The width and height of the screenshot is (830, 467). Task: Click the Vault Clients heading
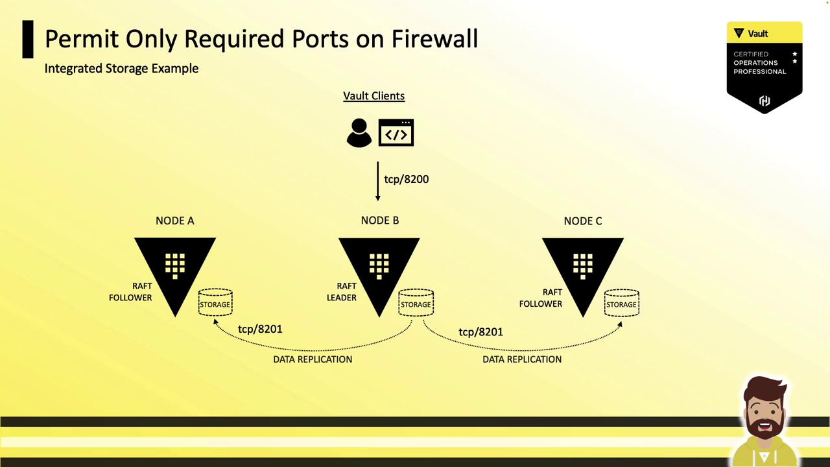pyautogui.click(x=373, y=96)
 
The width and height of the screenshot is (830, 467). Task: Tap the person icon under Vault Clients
pyautogui.click(x=359, y=133)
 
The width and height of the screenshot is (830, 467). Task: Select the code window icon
pyautogui.click(x=396, y=133)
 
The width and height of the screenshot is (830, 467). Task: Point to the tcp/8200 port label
pyautogui.click(x=406, y=179)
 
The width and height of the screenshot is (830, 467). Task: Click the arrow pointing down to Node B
pyautogui.click(x=377, y=181)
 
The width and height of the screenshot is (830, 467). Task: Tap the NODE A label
pyautogui.click(x=174, y=221)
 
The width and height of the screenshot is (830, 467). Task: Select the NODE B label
pyautogui.click(x=379, y=221)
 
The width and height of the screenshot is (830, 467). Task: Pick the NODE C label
pyautogui.click(x=582, y=221)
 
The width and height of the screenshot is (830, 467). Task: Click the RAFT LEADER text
pyautogui.click(x=342, y=292)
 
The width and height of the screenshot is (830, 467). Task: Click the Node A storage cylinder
pyautogui.click(x=215, y=304)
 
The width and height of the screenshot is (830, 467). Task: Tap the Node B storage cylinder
pyautogui.click(x=416, y=304)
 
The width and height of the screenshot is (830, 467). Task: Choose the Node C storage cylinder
pyautogui.click(x=621, y=304)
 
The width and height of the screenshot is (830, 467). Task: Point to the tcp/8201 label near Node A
pyautogui.click(x=260, y=329)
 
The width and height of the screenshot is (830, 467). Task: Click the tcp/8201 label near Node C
pyautogui.click(x=480, y=331)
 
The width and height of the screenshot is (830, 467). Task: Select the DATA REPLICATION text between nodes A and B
pyautogui.click(x=313, y=359)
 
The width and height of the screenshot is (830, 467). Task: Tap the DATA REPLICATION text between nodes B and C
pyautogui.click(x=522, y=359)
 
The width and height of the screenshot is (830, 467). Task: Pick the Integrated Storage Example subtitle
pyautogui.click(x=121, y=68)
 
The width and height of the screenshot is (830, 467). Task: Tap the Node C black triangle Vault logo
pyautogui.click(x=582, y=269)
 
